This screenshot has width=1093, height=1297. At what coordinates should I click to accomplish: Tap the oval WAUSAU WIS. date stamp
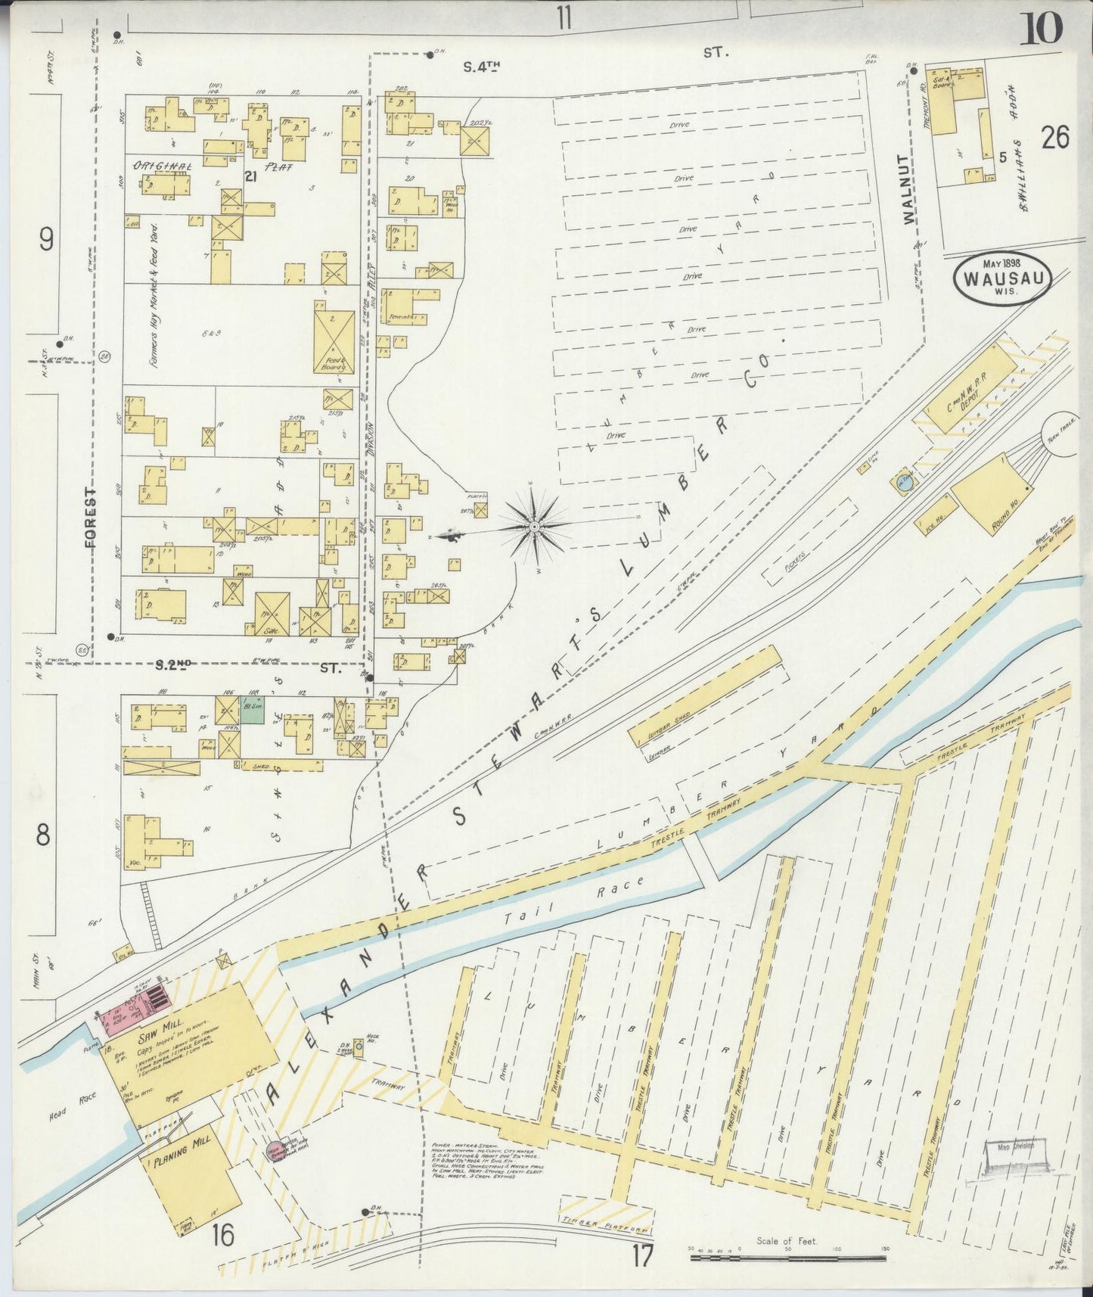(1003, 279)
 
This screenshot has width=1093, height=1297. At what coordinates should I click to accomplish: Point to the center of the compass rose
(534, 526)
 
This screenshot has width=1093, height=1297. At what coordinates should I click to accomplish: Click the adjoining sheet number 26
(1054, 138)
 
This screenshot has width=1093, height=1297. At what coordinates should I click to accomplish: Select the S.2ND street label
(172, 666)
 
